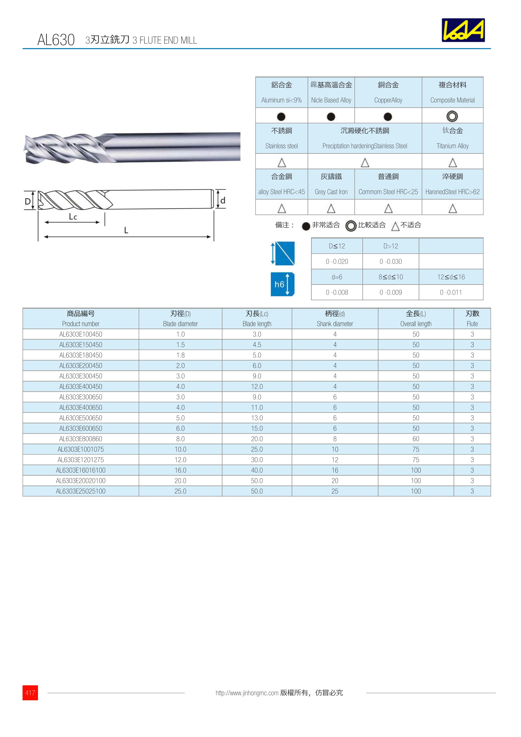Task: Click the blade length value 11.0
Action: click(257, 407)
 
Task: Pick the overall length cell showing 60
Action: click(416, 439)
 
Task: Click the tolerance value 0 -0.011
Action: click(451, 292)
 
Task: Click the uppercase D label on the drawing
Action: click(28, 201)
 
